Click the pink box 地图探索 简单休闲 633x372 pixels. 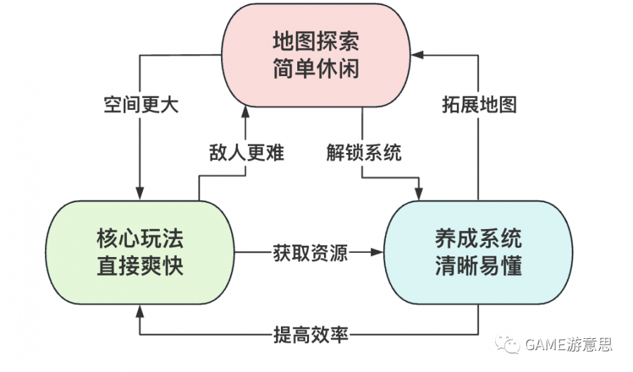pos(315,55)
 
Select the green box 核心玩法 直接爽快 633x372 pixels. pos(140,252)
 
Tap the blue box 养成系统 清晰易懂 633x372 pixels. pos(478,252)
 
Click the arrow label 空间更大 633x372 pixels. pos(139,106)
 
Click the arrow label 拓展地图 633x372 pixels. pos(480,106)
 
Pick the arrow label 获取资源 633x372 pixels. pos(310,252)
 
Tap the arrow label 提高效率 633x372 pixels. pos(310,333)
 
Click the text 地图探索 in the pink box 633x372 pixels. pos(315,42)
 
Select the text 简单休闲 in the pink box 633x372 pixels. pos(315,69)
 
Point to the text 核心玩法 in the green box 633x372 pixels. pos(140,239)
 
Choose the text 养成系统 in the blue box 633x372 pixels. pos(478,239)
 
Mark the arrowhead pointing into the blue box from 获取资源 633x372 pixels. pos(380,252)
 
